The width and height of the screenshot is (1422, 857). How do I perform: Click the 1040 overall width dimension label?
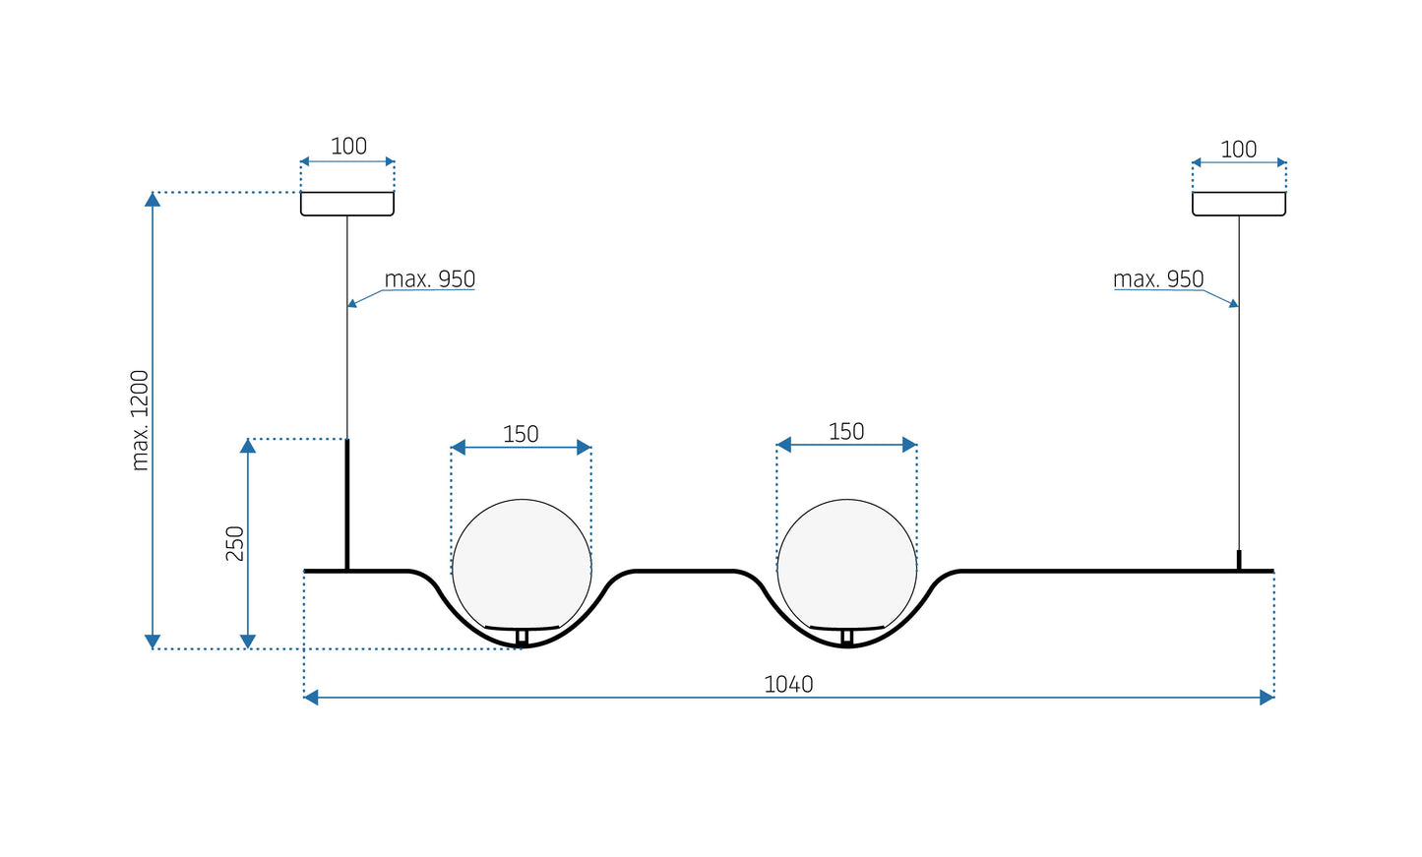(788, 684)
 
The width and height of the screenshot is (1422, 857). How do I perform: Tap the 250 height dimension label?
(235, 543)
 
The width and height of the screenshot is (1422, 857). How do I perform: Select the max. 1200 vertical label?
(140, 420)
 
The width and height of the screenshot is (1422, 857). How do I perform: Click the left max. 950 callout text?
(429, 279)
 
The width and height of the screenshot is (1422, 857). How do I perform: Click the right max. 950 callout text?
(1158, 279)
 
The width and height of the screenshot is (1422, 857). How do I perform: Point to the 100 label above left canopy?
(348, 147)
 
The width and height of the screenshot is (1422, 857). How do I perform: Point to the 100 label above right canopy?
(1238, 150)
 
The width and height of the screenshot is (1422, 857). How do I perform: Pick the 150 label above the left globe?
(521, 434)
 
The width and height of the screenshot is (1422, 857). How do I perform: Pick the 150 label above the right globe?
(846, 432)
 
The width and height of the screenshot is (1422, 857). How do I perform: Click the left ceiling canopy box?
(347, 204)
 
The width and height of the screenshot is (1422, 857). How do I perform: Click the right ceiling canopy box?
(1238, 204)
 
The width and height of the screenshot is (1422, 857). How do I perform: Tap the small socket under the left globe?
(522, 637)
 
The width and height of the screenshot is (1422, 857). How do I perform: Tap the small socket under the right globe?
(846, 637)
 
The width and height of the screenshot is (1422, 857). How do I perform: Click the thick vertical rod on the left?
(347, 504)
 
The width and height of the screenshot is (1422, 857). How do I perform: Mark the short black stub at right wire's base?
(1239, 560)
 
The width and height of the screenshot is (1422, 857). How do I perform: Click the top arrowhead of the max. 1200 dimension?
(153, 199)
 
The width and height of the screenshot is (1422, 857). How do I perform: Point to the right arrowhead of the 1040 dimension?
(1267, 698)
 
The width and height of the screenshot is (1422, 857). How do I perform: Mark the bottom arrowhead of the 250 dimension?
(248, 642)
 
